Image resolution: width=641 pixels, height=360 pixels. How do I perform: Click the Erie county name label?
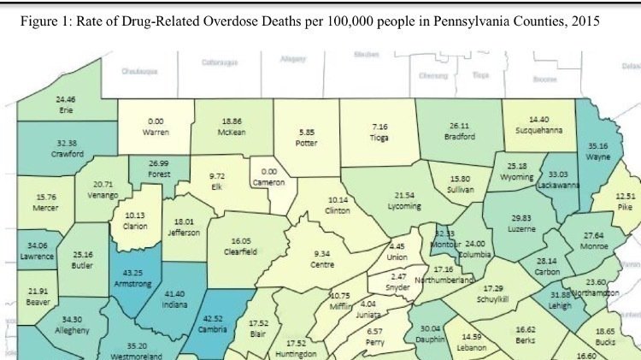(x=65, y=110)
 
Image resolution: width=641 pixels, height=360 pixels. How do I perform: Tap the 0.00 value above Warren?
(x=156, y=121)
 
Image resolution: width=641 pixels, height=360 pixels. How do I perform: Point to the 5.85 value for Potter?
(x=306, y=133)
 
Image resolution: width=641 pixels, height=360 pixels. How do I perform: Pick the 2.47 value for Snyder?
(x=393, y=277)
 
